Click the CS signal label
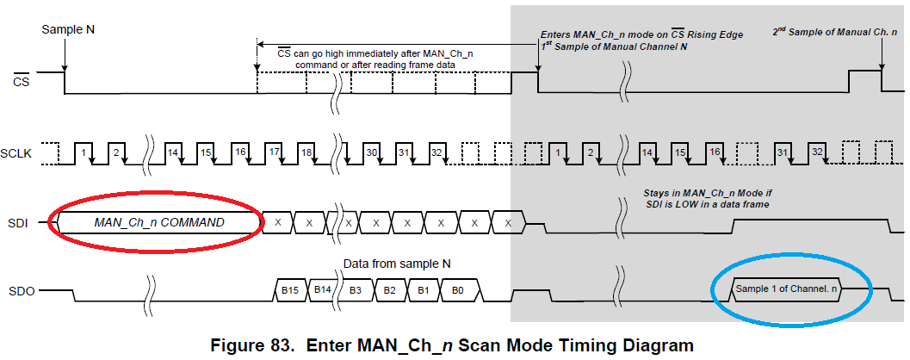coord(22,82)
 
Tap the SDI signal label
coord(19,223)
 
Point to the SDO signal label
coord(21,292)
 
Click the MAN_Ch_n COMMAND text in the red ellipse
coord(158,222)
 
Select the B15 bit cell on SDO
coord(290,291)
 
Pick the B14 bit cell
coord(323,291)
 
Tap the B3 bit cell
coord(356,291)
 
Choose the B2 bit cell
coord(389,291)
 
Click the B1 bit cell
coord(423,291)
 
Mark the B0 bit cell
coord(456,291)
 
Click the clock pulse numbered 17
coord(274,152)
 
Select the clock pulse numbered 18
coord(306,152)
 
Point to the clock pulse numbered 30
coord(372,152)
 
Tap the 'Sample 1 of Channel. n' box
coord(786,289)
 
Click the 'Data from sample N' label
coord(398,263)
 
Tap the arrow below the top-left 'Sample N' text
coord(64,56)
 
